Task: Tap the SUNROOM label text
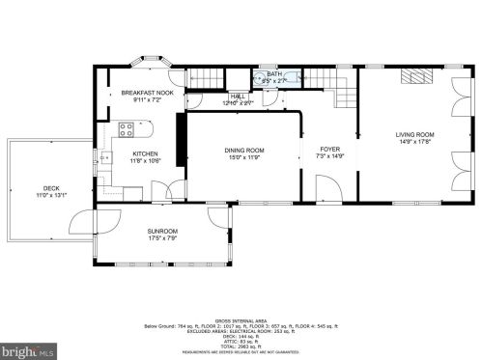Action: click(x=162, y=232)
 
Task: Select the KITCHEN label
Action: click(x=146, y=154)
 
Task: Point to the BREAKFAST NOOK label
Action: click(x=147, y=93)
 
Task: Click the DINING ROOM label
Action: click(x=243, y=150)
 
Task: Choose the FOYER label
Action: click(x=329, y=150)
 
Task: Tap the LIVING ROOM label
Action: click(x=414, y=134)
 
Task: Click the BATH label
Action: click(x=274, y=74)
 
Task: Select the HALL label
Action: click(x=237, y=97)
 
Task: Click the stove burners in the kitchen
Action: click(x=126, y=128)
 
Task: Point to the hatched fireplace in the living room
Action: click(x=415, y=76)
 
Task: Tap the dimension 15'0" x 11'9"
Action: click(x=243, y=157)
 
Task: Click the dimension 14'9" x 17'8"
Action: click(x=414, y=142)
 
